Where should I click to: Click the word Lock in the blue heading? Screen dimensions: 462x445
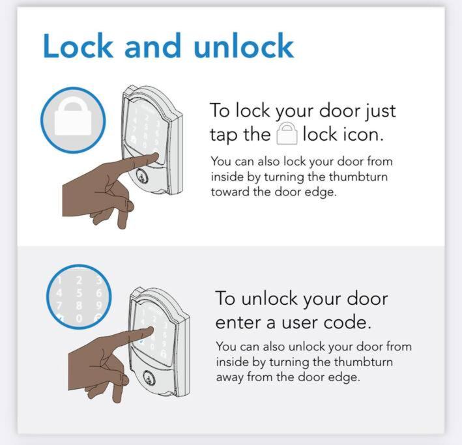click(78, 46)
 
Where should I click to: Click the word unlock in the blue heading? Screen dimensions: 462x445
click(244, 46)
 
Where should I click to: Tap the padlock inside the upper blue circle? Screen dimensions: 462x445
click(73, 116)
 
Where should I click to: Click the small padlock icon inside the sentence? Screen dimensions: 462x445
click(287, 134)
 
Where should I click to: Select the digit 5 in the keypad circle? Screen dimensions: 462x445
click(79, 293)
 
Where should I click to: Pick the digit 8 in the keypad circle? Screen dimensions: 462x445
click(79, 306)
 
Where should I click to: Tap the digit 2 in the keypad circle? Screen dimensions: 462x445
click(79, 280)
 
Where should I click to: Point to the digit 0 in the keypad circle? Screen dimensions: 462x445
click(79, 319)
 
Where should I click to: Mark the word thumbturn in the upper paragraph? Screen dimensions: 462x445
click(358, 177)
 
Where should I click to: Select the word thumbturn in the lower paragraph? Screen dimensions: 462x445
click(364, 362)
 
